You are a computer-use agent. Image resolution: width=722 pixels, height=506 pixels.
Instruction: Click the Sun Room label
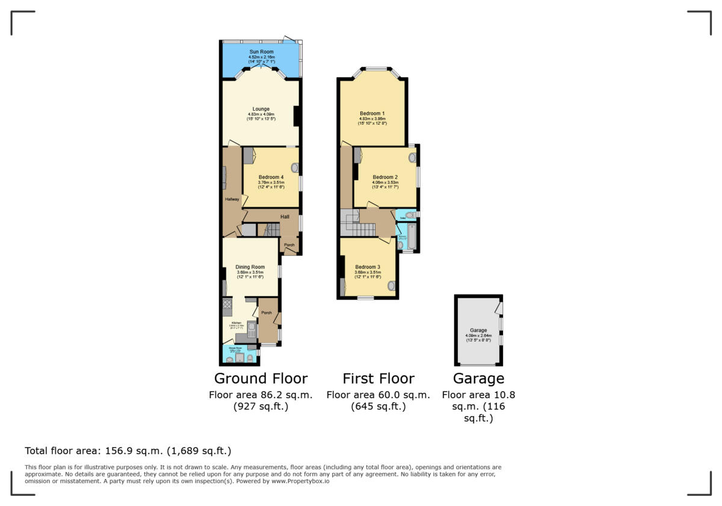tap(262, 52)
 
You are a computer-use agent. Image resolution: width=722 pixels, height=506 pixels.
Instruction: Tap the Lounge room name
tap(261, 109)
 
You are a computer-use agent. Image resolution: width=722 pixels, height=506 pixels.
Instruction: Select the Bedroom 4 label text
tap(271, 176)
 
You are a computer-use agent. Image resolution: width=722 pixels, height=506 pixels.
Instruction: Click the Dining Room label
tap(250, 267)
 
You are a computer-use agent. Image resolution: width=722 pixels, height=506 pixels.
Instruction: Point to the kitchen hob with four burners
tap(227, 305)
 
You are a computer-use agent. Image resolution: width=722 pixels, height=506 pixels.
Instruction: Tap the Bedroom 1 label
tap(372, 113)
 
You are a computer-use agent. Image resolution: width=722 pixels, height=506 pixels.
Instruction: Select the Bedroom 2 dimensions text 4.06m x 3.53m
tap(385, 183)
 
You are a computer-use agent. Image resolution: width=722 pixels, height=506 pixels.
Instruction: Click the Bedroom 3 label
tap(367, 267)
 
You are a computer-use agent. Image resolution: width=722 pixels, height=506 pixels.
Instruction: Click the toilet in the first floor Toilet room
tap(410, 215)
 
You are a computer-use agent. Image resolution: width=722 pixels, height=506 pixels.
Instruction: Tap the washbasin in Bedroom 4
tap(295, 168)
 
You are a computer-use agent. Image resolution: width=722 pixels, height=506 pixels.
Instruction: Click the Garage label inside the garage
tap(478, 330)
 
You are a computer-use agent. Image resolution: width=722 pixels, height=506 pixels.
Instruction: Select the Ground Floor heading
tap(261, 378)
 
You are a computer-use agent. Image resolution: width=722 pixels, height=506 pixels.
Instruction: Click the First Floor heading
tap(378, 378)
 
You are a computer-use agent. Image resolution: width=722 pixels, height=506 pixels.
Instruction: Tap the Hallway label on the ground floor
tap(232, 199)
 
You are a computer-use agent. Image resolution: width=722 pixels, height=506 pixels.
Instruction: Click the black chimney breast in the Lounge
tap(297, 116)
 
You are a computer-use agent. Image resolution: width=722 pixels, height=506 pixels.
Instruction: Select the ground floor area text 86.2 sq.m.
tap(261, 395)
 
